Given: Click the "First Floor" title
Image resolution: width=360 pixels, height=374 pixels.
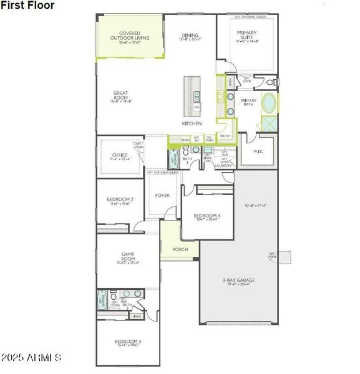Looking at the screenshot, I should click(27, 6).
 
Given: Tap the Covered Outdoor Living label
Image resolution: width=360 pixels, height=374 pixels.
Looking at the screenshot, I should click(130, 37).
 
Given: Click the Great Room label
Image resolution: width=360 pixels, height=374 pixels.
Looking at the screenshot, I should click(120, 97).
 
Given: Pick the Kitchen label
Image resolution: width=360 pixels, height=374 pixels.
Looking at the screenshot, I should click(192, 124).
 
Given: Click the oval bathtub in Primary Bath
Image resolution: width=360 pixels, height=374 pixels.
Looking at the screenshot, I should click(270, 103).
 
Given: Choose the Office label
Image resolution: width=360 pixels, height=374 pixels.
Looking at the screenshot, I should click(120, 155).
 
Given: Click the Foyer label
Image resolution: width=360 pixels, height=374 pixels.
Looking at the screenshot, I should click(162, 196).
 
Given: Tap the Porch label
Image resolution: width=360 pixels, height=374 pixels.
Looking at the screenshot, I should click(180, 249).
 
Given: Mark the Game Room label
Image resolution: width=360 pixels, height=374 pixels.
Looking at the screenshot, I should click(128, 257).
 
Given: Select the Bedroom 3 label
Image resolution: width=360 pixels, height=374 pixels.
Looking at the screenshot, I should click(127, 342).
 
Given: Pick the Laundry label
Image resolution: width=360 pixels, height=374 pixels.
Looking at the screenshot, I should click(223, 166).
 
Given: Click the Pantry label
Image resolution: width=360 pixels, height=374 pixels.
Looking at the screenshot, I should click(225, 135).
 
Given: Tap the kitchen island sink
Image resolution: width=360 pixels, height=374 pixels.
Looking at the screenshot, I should click(197, 97).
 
